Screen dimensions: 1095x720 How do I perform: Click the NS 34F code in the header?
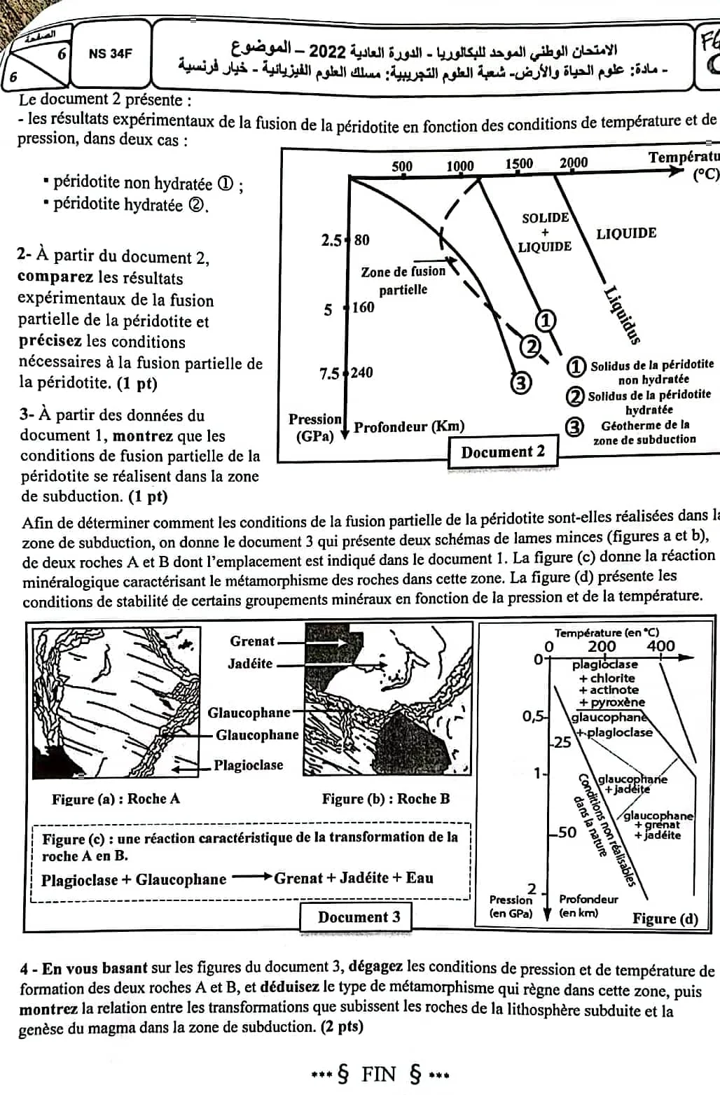tap(110, 53)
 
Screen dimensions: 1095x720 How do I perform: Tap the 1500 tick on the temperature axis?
tap(519, 164)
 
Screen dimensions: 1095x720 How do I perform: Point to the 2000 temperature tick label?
tap(573, 162)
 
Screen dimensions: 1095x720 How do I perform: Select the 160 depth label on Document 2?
tap(364, 307)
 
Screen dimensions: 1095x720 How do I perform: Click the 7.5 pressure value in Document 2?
tap(330, 373)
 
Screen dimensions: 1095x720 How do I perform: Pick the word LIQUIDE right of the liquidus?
tap(626, 233)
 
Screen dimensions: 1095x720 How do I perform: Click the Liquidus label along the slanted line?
tap(623, 315)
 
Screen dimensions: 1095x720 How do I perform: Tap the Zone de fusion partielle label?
tap(403, 280)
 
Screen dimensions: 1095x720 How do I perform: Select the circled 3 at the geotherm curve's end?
tap(520, 383)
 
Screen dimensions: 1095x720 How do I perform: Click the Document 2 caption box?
tap(503, 452)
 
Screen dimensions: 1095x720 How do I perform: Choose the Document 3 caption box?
tap(359, 917)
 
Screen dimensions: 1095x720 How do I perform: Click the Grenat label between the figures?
tap(252, 641)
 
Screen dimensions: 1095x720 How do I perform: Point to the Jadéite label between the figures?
tap(250, 664)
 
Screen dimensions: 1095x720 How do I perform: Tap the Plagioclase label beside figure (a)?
tap(249, 765)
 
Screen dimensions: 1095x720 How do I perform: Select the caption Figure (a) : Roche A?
tap(116, 799)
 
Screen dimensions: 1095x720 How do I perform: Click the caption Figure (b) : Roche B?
tap(386, 799)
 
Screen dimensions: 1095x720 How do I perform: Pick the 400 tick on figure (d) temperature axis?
tap(660, 646)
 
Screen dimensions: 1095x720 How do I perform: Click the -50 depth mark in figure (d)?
tap(565, 832)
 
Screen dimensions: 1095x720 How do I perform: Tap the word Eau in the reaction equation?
tap(420, 878)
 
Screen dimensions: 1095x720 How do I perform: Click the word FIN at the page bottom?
tap(379, 1074)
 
